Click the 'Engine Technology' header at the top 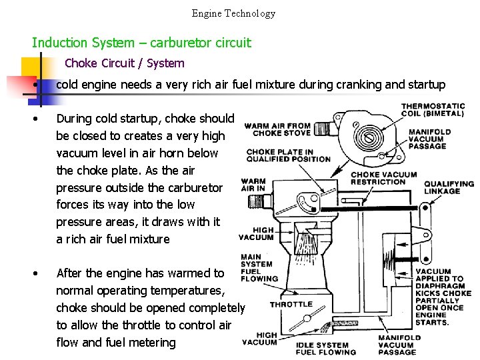coord(233,13)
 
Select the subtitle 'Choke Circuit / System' coord(125,63)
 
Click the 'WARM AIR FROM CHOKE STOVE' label coord(277,129)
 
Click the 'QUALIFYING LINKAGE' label coord(449,187)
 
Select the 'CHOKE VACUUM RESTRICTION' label coord(383,178)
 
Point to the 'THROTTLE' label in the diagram coord(291,304)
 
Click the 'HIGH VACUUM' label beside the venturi coord(255,233)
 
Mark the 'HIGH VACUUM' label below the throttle coord(259,339)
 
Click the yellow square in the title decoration coord(35,69)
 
